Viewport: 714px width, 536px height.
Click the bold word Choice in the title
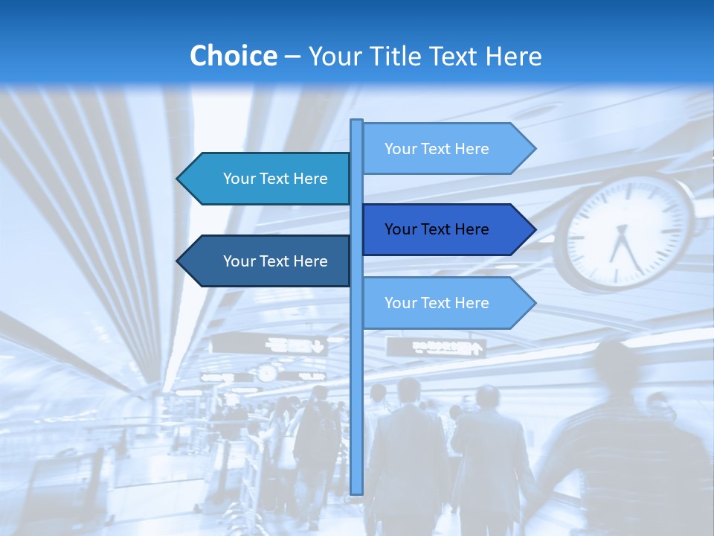(233, 57)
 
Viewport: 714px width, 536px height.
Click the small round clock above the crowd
(266, 373)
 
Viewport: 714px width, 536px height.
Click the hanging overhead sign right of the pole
(436, 346)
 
